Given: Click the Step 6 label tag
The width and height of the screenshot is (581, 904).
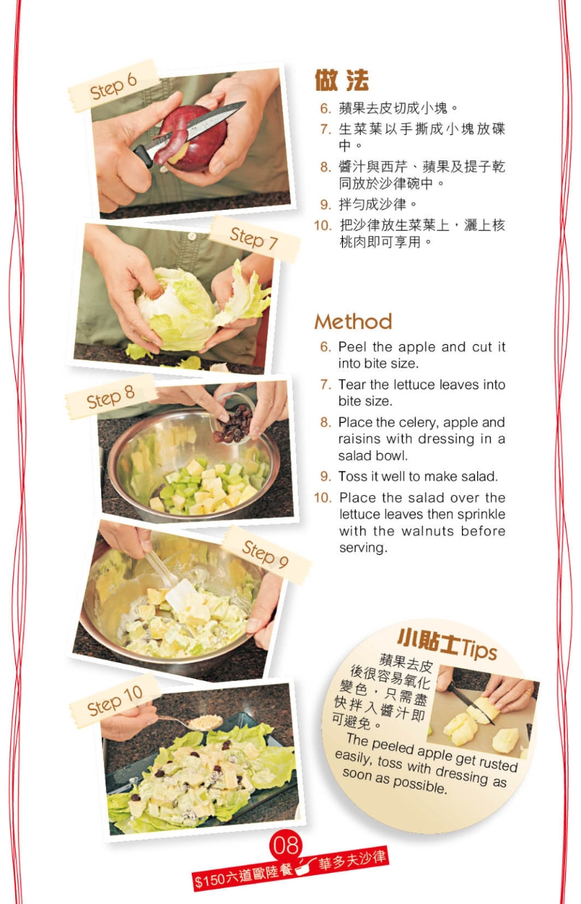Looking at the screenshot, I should coord(113,86).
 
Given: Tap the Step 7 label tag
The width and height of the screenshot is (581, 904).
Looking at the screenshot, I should coord(254,238).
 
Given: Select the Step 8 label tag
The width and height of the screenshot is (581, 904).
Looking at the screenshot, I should coord(110,397).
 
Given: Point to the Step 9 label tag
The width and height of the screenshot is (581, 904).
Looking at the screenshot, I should coord(265,554).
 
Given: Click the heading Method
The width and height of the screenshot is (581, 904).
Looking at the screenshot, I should coord(353,322).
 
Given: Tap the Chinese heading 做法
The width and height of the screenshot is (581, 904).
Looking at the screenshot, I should coord(341,80).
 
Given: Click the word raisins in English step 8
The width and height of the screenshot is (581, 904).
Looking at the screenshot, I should coord(359,439).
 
